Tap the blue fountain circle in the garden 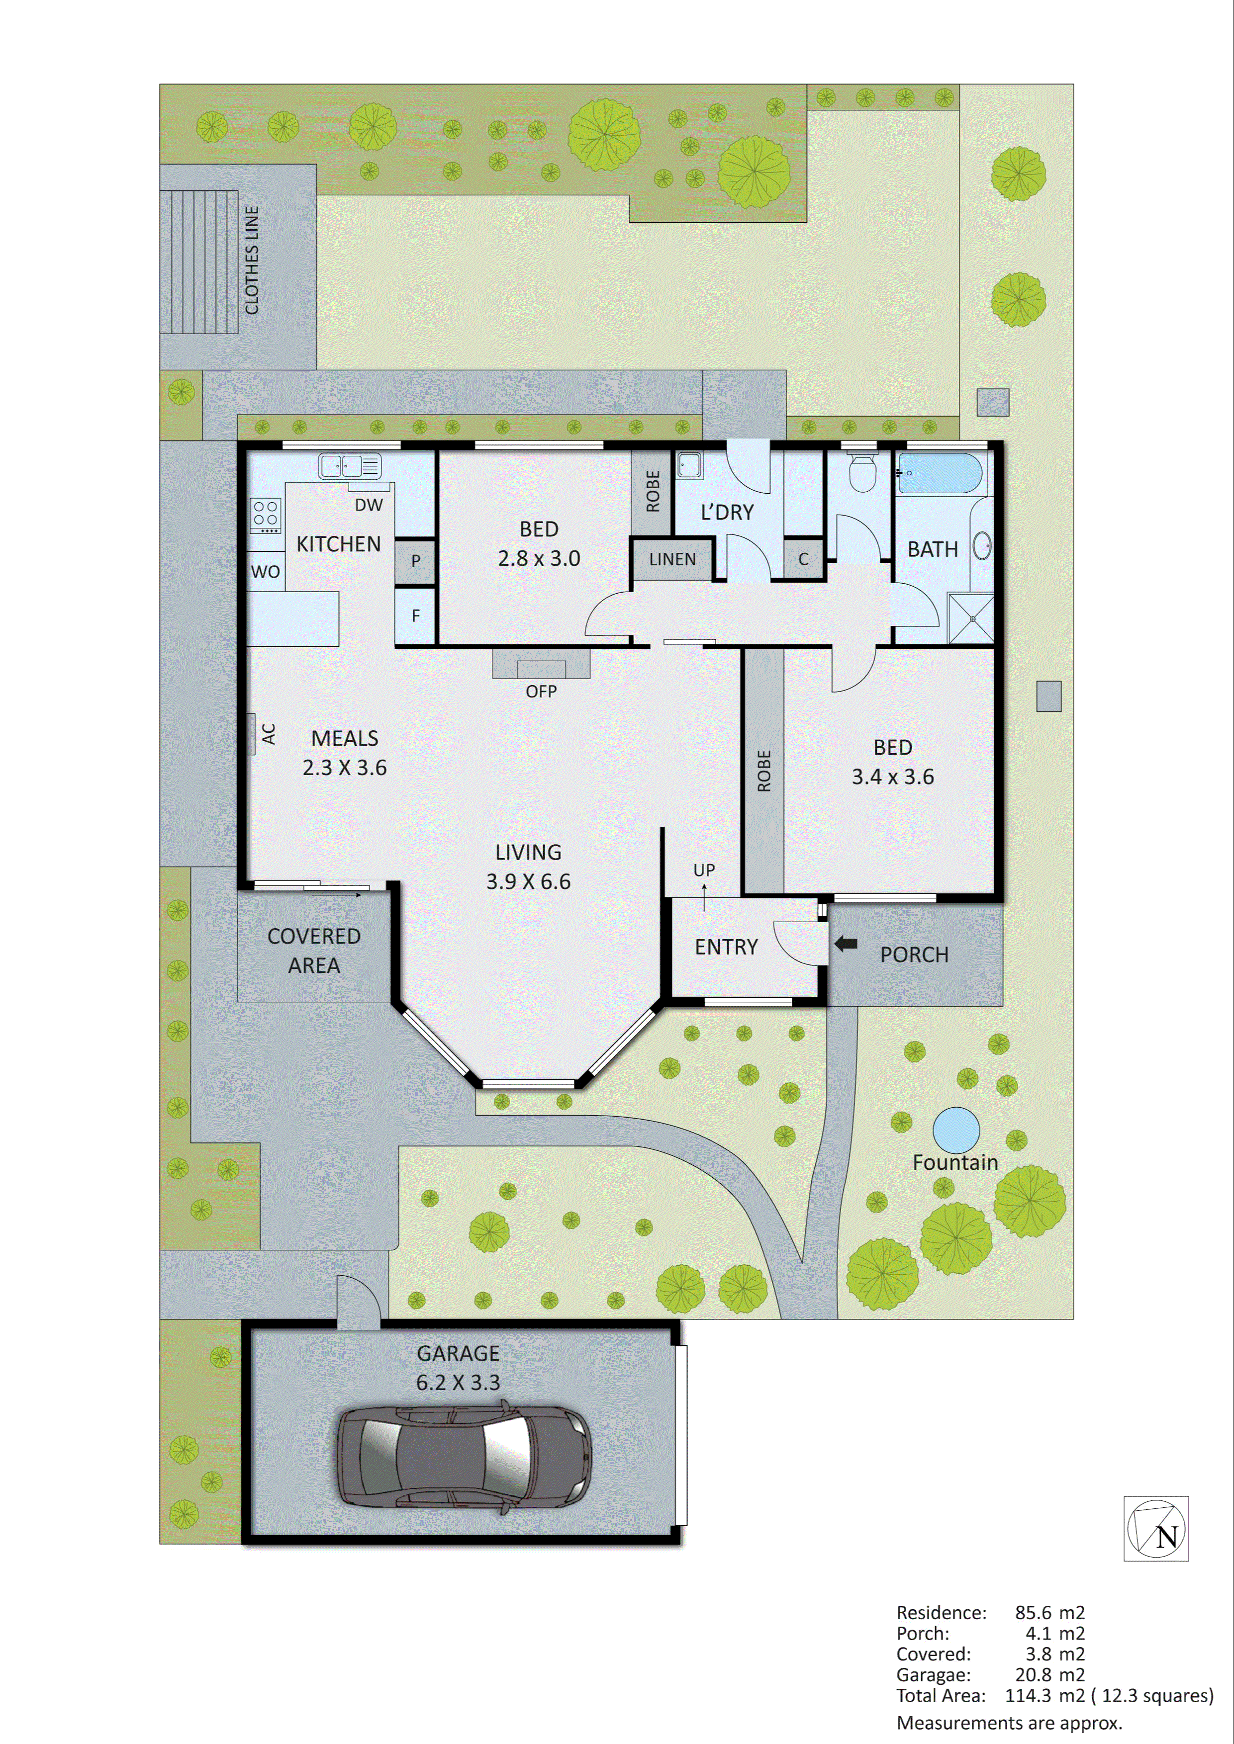pos(956,1130)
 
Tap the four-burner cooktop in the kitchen pos(265,514)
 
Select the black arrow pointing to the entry pos(845,944)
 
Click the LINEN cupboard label pos(672,559)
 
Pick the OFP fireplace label pos(541,691)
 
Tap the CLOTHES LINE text pos(252,260)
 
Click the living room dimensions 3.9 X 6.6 pos(528,881)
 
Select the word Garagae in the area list pos(933,1675)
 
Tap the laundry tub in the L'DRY pos(690,464)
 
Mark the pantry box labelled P pos(415,561)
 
